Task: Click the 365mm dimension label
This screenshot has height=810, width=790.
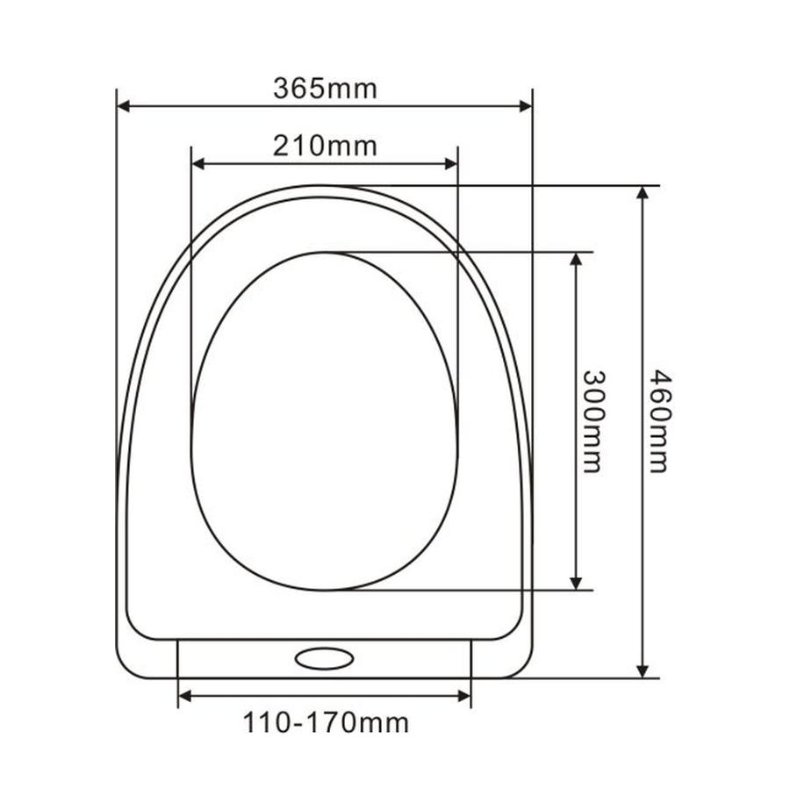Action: pyautogui.click(x=325, y=89)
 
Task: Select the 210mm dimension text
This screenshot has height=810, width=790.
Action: pyautogui.click(x=325, y=147)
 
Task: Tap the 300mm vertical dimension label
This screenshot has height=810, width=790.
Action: pyautogui.click(x=592, y=421)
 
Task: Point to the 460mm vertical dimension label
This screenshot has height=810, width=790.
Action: pyautogui.click(x=658, y=420)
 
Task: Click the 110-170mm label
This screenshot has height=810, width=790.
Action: pyautogui.click(x=326, y=722)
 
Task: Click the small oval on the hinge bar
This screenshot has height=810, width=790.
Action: pyautogui.click(x=325, y=659)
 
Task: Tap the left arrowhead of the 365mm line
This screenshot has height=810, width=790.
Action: pyautogui.click(x=124, y=106)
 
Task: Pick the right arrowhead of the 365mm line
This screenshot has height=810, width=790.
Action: pyautogui.click(x=526, y=106)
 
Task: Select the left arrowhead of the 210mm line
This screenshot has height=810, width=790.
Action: pyautogui.click(x=198, y=164)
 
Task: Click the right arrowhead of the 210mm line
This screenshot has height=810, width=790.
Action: pyautogui.click(x=451, y=164)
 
